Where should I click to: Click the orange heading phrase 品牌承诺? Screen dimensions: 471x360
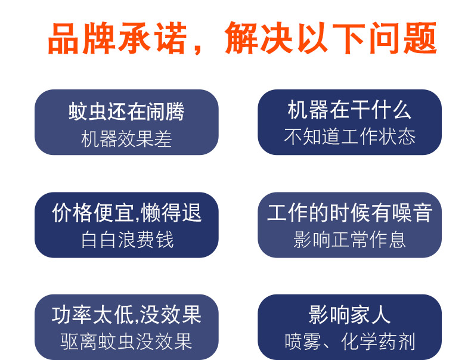(117, 38)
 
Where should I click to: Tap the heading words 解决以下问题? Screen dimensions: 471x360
(331, 38)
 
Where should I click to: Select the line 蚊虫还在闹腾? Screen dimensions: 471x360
(126, 111)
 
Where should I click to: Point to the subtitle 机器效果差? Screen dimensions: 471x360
(126, 139)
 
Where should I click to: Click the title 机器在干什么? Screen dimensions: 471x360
(349, 110)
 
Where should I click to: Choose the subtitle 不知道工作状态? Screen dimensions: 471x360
(350, 136)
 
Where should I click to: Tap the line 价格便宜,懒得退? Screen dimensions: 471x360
(126, 213)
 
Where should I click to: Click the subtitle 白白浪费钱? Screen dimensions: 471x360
(128, 240)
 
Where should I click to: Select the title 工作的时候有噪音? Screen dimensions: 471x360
(350, 213)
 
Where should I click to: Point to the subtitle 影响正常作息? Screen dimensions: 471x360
(349, 240)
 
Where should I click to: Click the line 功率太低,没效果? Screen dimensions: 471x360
(126, 315)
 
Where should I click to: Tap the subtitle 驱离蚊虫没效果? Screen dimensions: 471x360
(126, 342)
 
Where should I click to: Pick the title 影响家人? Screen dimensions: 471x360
(349, 315)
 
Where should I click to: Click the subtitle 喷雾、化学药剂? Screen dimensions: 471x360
(350, 342)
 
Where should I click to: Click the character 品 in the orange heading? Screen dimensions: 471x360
(64, 39)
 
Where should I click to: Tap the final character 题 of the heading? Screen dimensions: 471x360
(420, 38)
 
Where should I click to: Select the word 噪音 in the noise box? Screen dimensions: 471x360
(413, 213)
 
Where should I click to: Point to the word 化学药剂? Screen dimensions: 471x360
(378, 342)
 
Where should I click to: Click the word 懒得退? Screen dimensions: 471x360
(171, 213)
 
